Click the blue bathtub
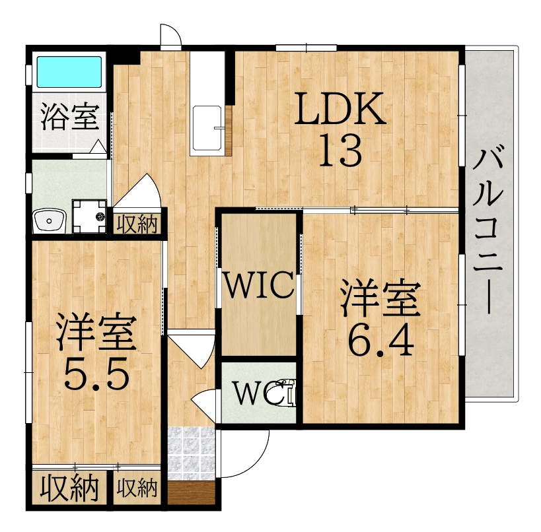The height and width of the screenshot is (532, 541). click(69, 72)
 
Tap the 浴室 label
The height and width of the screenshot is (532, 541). click(71, 117)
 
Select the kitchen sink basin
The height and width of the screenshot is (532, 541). click(207, 128)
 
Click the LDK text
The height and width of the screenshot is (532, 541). click(340, 109)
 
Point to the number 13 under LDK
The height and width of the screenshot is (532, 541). click(341, 150)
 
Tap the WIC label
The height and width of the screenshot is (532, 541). click(259, 284)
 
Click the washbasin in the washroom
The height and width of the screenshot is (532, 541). click(49, 220)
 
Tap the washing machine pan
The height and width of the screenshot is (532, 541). click(89, 216)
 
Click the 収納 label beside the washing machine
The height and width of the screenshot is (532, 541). click(137, 224)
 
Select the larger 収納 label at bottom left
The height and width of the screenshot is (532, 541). click(69, 488)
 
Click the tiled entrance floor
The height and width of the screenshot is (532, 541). click(191, 453)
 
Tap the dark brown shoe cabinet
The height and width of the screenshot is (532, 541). click(191, 493)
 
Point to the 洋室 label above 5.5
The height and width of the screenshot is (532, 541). click(96, 331)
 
